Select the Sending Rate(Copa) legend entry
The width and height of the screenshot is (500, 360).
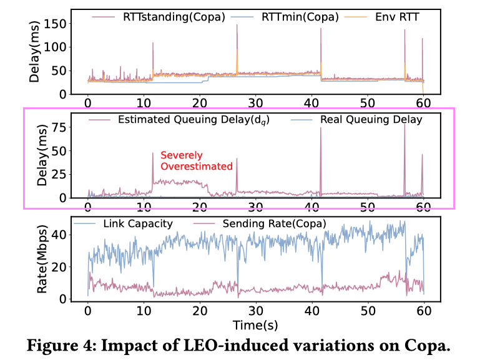click(262, 223)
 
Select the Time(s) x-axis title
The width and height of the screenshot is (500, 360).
click(256, 324)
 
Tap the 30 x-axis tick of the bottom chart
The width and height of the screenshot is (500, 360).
click(256, 310)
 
